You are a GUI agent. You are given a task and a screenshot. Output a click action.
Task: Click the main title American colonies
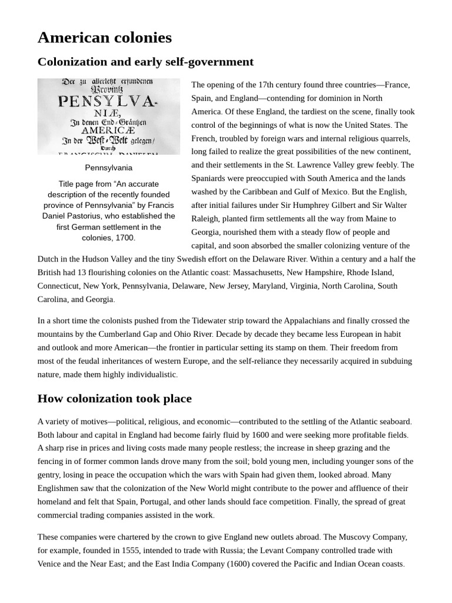[x=105, y=38]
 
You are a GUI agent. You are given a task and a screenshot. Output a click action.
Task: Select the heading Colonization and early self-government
[x=145, y=62]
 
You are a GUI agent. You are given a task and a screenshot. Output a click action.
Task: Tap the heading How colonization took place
[x=114, y=399]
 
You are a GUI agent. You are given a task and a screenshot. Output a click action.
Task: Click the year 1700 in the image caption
[x=125, y=238]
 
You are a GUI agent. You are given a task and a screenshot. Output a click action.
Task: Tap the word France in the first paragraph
[x=397, y=85]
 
